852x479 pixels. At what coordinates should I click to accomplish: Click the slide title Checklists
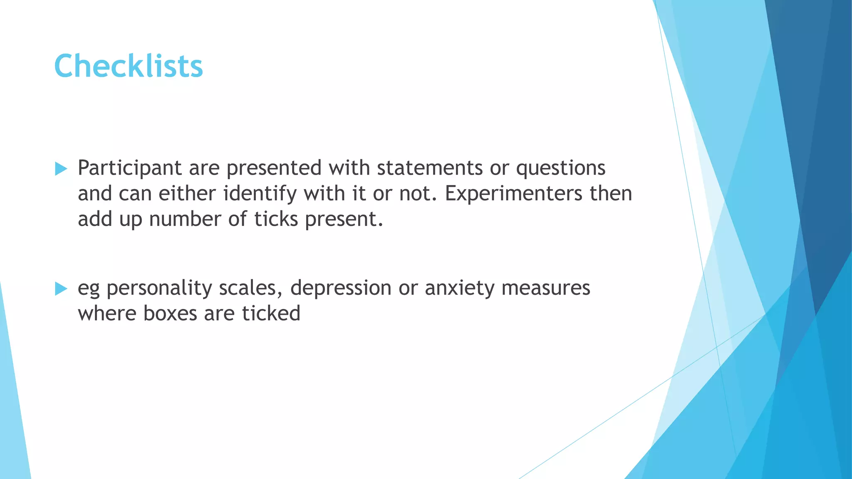pos(129,66)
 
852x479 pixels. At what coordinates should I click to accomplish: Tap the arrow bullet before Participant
pos(61,169)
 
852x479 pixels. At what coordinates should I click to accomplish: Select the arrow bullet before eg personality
pos(61,289)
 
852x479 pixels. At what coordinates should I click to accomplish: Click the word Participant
pos(130,168)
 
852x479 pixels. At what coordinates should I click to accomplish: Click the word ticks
pos(276,219)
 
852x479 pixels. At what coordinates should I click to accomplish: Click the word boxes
pos(170,314)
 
